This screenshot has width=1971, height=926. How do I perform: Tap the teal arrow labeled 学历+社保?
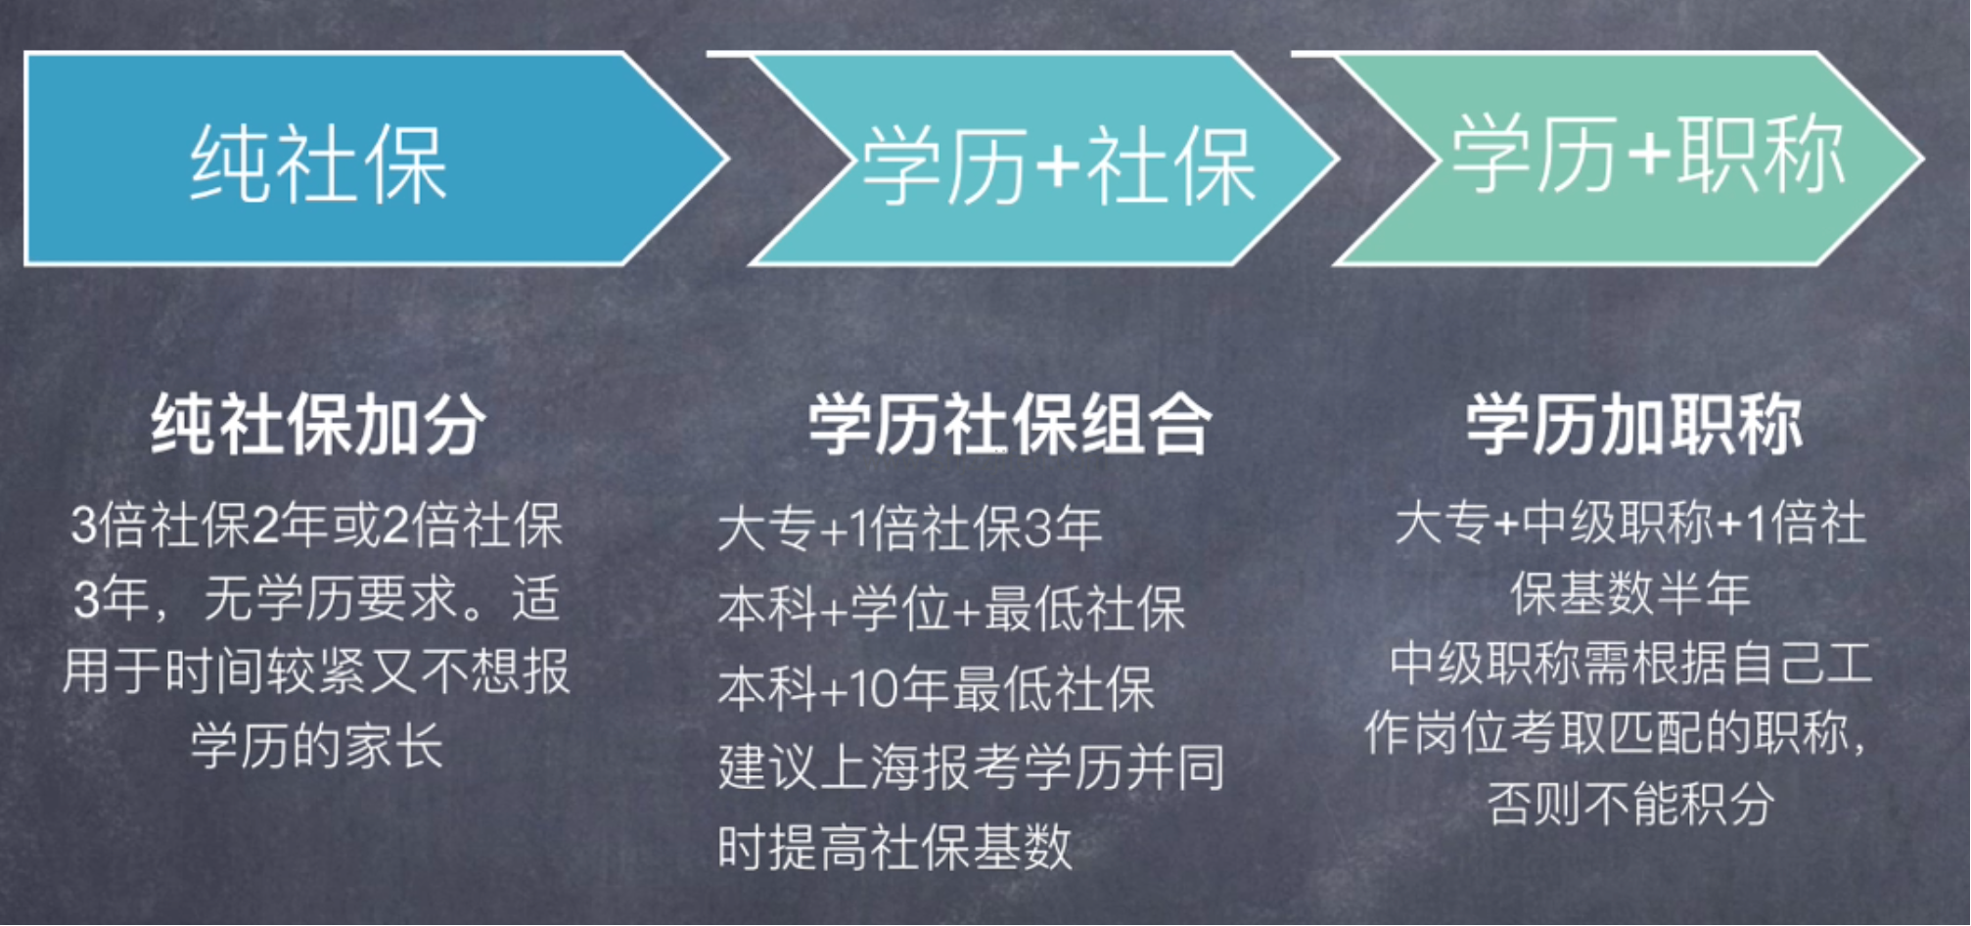click(1037, 159)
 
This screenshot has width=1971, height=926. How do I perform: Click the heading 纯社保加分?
click(318, 425)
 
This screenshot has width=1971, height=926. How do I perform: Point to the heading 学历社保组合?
click(1010, 425)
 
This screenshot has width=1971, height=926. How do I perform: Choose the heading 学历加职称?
click(1633, 425)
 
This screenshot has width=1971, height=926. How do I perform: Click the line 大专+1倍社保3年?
click(910, 530)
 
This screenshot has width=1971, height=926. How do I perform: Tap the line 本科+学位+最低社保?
click(951, 609)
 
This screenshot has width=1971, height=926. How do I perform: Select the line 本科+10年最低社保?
click(937, 688)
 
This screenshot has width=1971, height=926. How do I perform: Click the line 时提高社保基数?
click(894, 848)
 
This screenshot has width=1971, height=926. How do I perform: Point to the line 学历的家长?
click(317, 746)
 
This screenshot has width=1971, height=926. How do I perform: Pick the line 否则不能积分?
click(1630, 805)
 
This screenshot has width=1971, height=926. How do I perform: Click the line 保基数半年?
click(1630, 593)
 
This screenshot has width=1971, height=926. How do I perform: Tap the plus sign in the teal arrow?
click(1057, 166)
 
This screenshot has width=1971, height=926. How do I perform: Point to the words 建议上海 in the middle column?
click(819, 767)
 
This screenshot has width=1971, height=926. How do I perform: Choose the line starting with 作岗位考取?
click(1616, 733)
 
